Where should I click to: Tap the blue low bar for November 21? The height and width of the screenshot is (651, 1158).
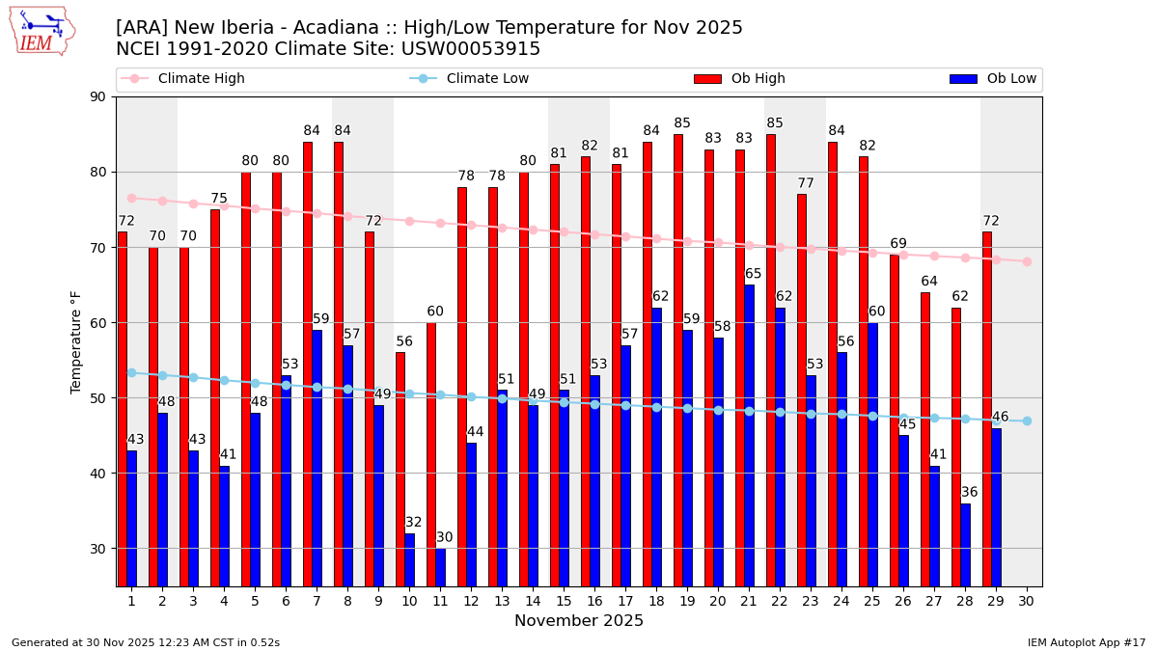pyautogui.click(x=749, y=435)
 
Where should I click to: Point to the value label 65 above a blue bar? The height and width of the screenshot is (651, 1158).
pyautogui.click(x=753, y=274)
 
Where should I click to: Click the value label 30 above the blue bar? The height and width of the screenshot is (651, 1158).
pyautogui.click(x=444, y=537)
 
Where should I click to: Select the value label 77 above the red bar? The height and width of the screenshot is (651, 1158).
pyautogui.click(x=806, y=183)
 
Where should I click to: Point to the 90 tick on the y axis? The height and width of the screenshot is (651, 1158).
pyautogui.click(x=98, y=96)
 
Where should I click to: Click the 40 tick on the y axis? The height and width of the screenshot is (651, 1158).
pyautogui.click(x=98, y=474)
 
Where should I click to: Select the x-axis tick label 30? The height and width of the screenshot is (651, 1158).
pyautogui.click(x=1026, y=601)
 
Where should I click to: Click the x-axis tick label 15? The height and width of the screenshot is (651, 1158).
pyautogui.click(x=564, y=601)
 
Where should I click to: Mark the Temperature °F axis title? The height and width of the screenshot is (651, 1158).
pyautogui.click(x=76, y=341)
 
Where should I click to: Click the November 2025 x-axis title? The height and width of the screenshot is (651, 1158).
pyautogui.click(x=578, y=621)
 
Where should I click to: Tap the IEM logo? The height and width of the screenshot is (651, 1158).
pyautogui.click(x=41, y=31)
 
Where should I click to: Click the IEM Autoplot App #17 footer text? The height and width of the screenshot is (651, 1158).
pyautogui.click(x=1087, y=642)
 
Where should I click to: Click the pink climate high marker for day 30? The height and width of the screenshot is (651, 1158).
pyautogui.click(x=1027, y=261)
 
